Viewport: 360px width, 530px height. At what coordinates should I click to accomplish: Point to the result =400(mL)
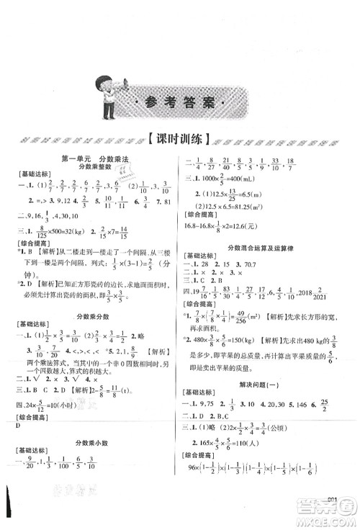(241, 197)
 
